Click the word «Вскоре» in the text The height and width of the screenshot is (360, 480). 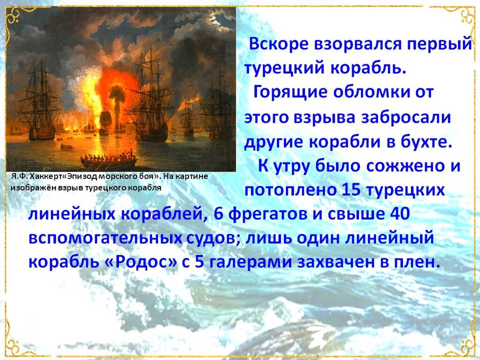pos(279,44)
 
